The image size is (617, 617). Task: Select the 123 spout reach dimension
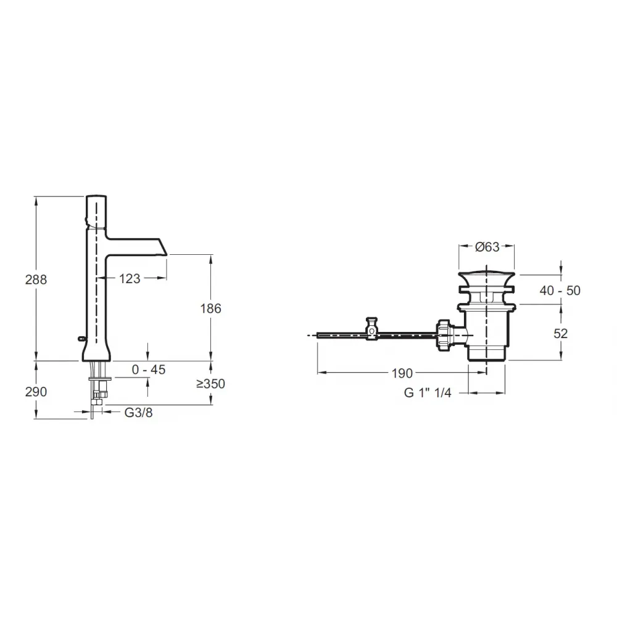coord(130,279)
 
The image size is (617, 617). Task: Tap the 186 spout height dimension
coord(211,308)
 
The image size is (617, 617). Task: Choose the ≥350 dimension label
coord(210,384)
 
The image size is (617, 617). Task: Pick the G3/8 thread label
coord(138,412)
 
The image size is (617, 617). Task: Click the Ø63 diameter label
coord(487,247)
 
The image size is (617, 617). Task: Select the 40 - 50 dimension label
coord(560,290)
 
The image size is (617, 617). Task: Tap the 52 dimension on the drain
coord(560,333)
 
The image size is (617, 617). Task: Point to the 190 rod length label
coord(401,373)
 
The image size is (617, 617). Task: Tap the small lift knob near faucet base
coord(83,337)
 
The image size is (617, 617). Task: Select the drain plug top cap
coord(487,272)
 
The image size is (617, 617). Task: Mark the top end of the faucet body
coord(96,198)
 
